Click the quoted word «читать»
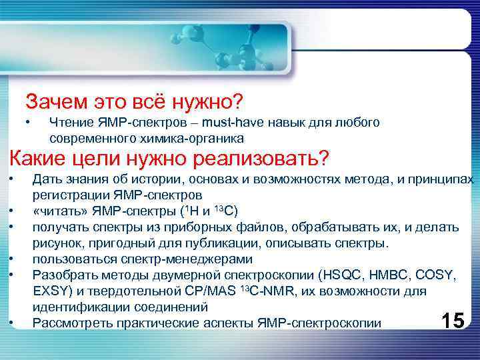click(x=57, y=212)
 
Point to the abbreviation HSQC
click(x=339, y=275)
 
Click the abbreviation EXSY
click(x=49, y=291)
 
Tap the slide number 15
click(x=453, y=321)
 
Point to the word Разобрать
click(x=64, y=275)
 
